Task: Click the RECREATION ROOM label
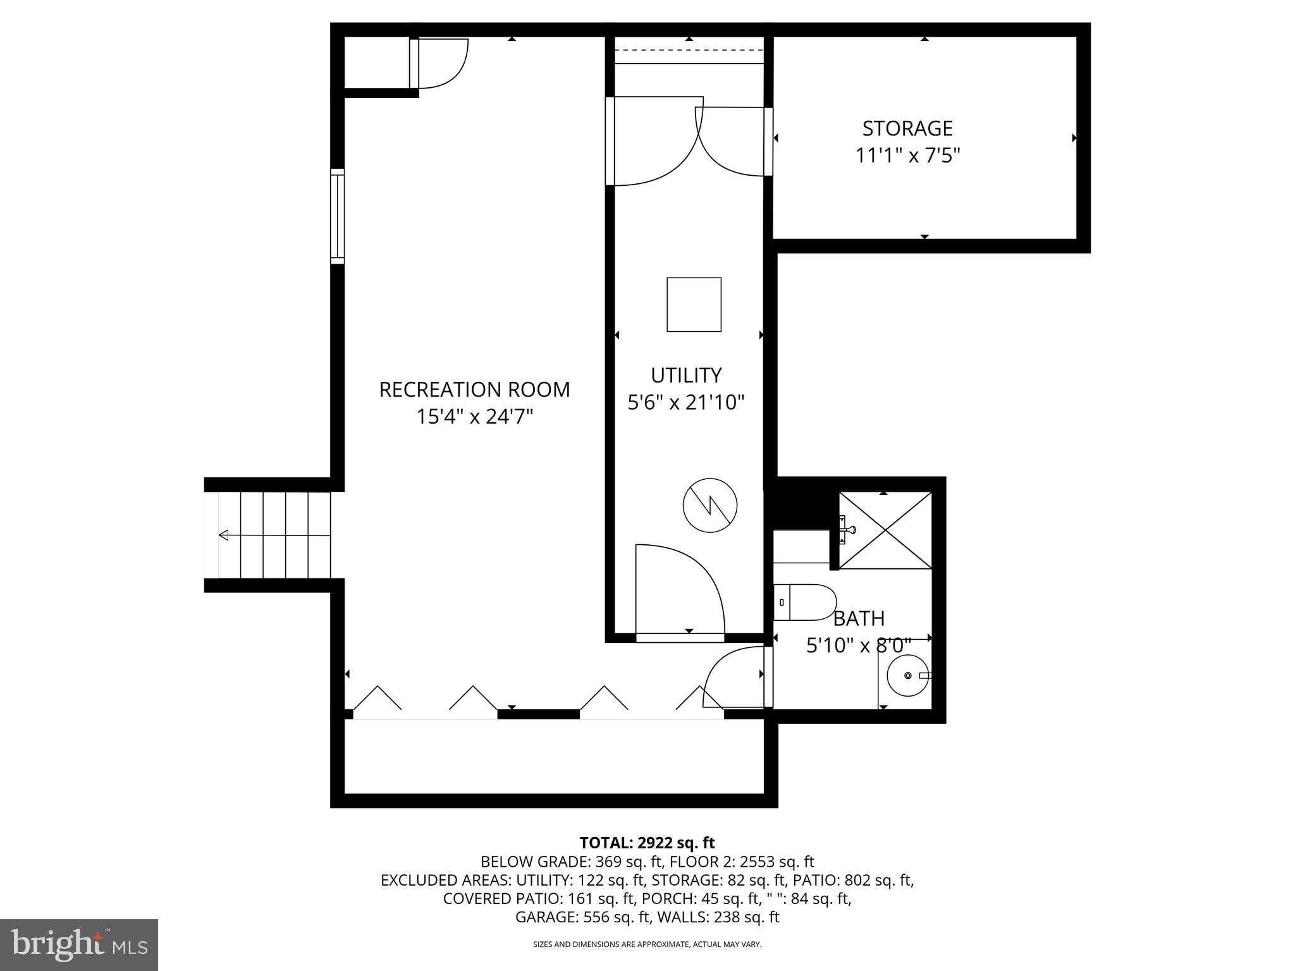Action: click(x=474, y=389)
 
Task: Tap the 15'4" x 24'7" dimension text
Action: click(x=474, y=417)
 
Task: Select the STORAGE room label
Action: click(x=907, y=128)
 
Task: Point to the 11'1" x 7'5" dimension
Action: click(x=907, y=156)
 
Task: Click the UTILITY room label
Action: click(x=686, y=376)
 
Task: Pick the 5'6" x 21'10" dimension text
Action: click(x=686, y=402)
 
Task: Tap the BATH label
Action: click(x=859, y=618)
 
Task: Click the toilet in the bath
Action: click(x=805, y=602)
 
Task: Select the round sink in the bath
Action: click(x=907, y=676)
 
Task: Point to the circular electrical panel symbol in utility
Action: click(x=710, y=505)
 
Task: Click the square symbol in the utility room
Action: click(x=694, y=304)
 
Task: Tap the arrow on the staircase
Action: click(x=224, y=535)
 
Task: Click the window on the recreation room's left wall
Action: click(x=338, y=216)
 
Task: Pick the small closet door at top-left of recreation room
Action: click(x=440, y=63)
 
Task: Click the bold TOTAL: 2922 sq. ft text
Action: click(x=647, y=843)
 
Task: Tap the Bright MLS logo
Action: click(x=79, y=944)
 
